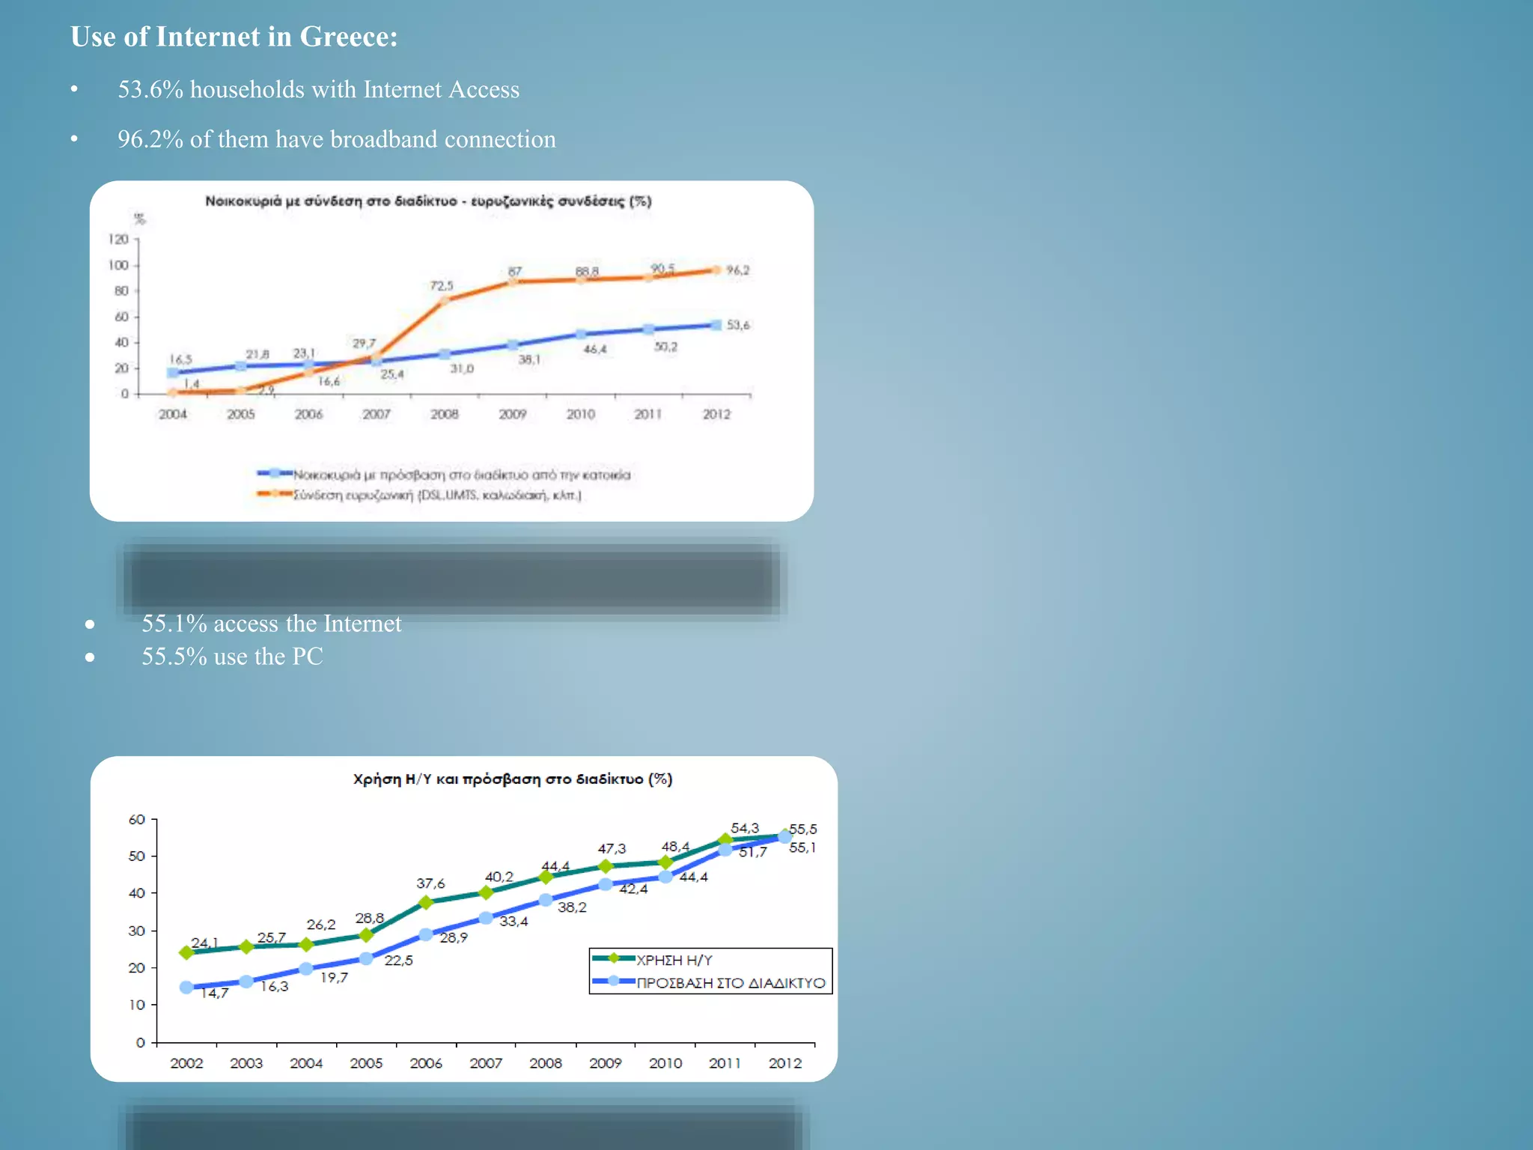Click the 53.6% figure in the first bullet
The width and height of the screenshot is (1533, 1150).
tap(150, 90)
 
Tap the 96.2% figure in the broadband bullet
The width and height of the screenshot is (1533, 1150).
tap(150, 140)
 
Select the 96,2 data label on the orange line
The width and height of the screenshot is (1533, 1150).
tap(737, 270)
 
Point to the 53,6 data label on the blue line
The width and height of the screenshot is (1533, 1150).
tap(737, 325)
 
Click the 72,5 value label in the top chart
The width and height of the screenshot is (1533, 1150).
tap(441, 286)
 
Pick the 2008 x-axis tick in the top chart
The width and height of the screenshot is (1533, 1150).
tap(444, 414)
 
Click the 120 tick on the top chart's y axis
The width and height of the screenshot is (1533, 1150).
tap(118, 240)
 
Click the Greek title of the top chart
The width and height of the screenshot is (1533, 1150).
tap(428, 201)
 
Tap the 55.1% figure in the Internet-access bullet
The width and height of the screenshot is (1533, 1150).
tap(174, 624)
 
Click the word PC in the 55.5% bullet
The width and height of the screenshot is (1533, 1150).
tap(307, 657)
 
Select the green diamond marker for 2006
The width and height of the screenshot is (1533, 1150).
tap(426, 902)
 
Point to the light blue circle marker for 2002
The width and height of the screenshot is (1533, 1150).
tap(186, 988)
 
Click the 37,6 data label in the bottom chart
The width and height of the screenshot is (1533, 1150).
tap(430, 883)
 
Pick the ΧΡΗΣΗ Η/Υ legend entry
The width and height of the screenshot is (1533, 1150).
tap(674, 960)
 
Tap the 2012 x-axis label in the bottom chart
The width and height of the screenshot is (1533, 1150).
tap(784, 1063)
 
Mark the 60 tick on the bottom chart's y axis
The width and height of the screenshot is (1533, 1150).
tap(137, 820)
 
